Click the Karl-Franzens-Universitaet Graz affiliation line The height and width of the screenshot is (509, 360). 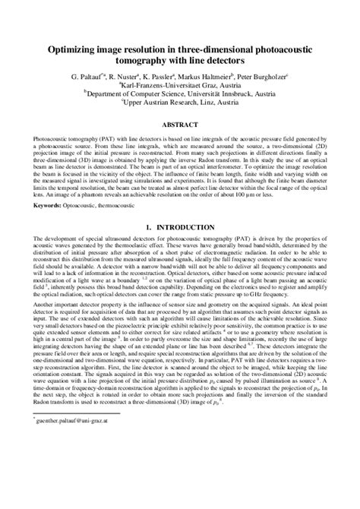tap(181, 86)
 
